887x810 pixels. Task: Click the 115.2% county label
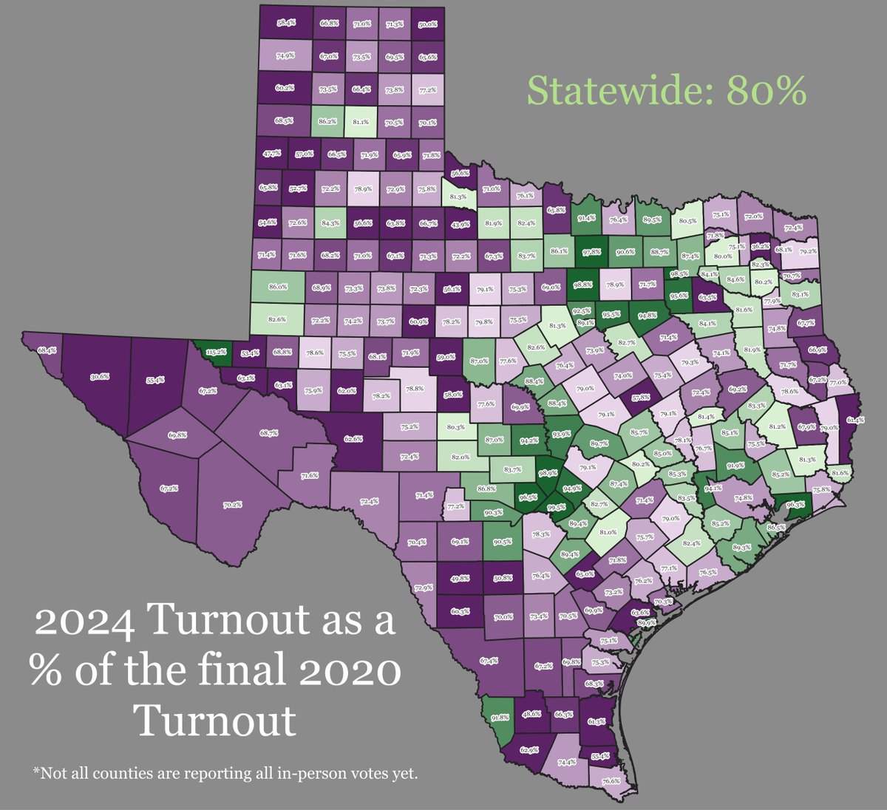click(x=216, y=353)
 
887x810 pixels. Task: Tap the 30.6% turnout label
click(x=100, y=376)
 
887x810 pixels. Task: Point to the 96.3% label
click(x=795, y=505)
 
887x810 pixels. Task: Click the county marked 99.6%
click(x=557, y=507)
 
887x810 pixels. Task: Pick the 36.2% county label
click(x=760, y=237)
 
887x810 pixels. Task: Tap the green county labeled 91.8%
click(x=500, y=717)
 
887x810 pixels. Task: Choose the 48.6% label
click(x=531, y=715)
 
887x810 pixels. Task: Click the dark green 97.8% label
click(x=590, y=252)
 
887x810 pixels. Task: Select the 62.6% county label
click(x=353, y=438)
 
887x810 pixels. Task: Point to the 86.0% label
click(x=276, y=286)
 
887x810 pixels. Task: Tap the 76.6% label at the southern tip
click(x=611, y=781)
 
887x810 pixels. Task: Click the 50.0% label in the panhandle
click(x=427, y=24)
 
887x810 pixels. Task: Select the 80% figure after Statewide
click(x=766, y=91)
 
